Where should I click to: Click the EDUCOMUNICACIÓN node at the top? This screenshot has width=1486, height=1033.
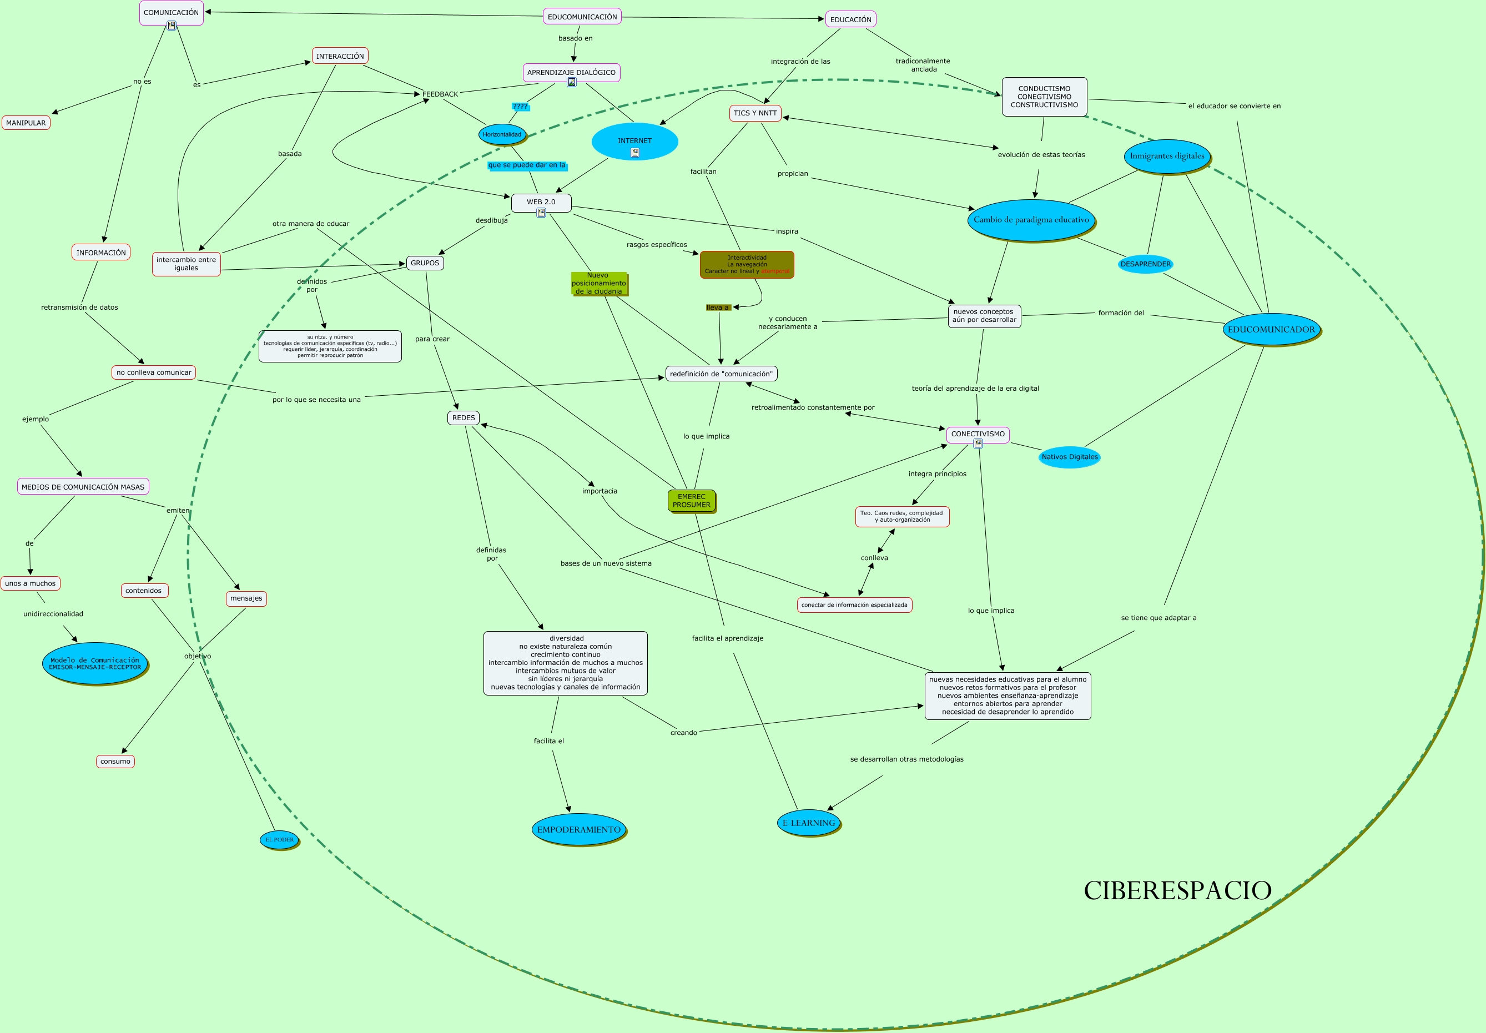(x=582, y=17)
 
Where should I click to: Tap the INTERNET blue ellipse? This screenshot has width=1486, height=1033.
(x=634, y=141)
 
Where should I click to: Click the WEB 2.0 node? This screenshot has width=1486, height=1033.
(x=541, y=202)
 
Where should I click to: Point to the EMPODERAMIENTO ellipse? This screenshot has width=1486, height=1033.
(x=578, y=830)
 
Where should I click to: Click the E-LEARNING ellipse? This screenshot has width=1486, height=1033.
(x=808, y=823)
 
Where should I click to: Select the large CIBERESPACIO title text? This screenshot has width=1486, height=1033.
(x=1177, y=890)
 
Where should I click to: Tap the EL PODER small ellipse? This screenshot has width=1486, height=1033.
(x=279, y=839)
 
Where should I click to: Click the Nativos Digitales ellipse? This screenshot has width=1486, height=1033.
(x=1069, y=457)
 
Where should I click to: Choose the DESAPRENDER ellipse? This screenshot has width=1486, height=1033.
(x=1145, y=264)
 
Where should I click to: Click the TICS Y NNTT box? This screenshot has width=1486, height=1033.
(x=754, y=113)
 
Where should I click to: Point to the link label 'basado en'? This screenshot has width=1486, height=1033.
(x=576, y=38)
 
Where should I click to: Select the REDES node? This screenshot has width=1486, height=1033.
(x=464, y=418)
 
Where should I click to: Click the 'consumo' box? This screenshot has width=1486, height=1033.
(x=115, y=761)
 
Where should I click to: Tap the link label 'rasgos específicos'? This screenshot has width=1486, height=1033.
(x=656, y=245)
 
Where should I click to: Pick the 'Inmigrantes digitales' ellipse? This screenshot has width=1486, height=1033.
(x=1167, y=156)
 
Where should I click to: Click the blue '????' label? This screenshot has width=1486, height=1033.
(x=520, y=106)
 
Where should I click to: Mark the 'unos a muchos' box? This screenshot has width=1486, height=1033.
(x=31, y=583)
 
